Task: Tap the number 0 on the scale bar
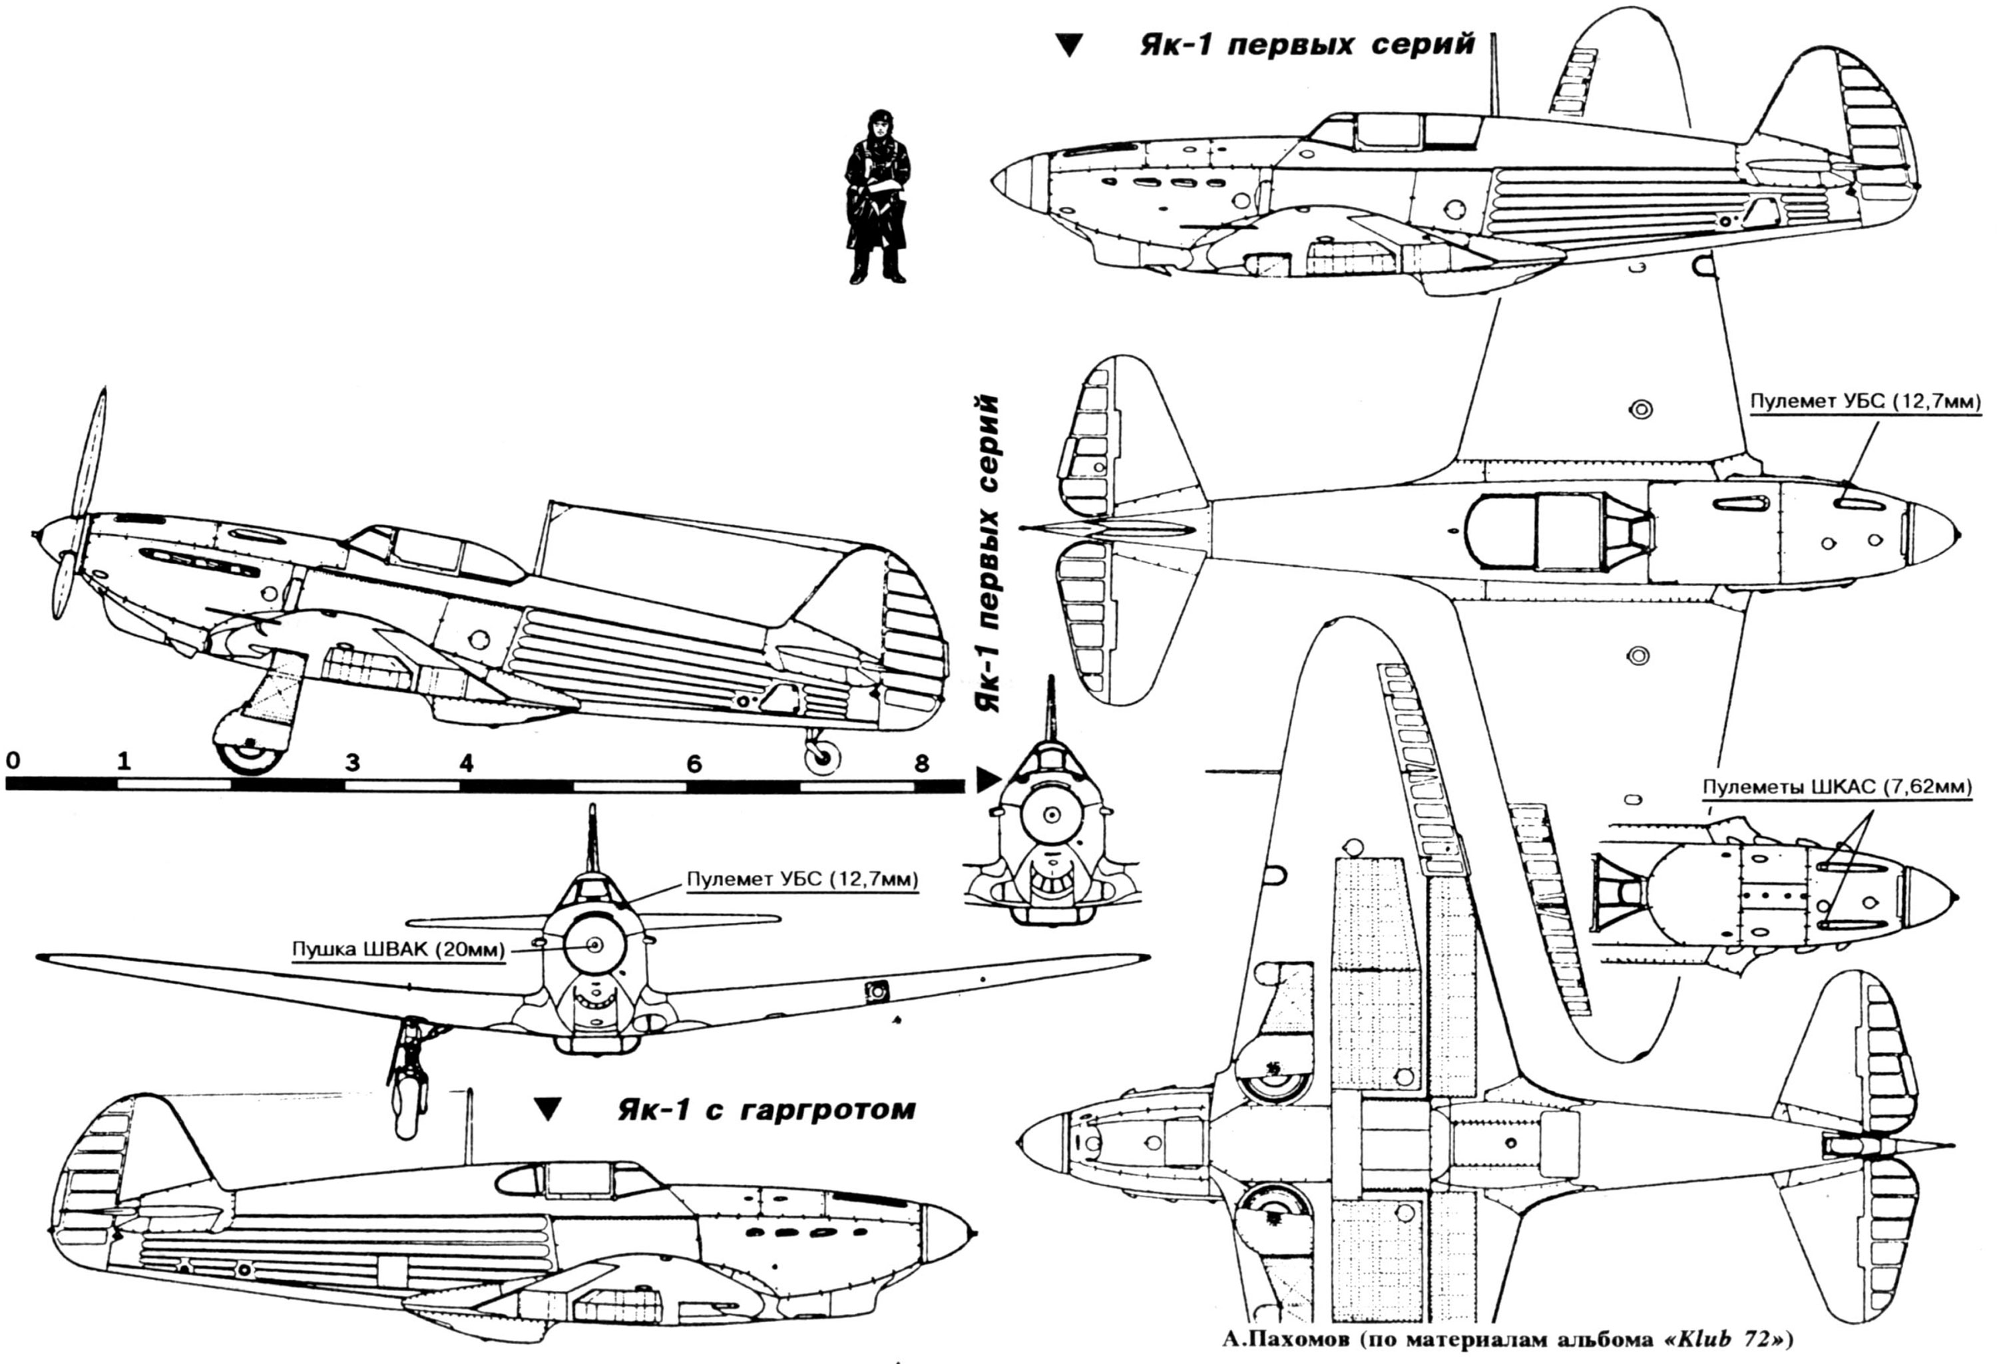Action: (x=12, y=761)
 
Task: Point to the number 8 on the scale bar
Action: (x=921, y=763)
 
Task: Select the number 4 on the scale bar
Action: (x=466, y=763)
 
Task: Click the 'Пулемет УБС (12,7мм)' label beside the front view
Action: (x=801, y=879)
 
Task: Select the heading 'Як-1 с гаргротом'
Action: (x=766, y=1110)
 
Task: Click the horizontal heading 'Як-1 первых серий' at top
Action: (x=1307, y=45)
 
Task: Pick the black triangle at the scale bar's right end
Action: (x=989, y=780)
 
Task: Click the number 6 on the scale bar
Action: (x=694, y=763)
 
